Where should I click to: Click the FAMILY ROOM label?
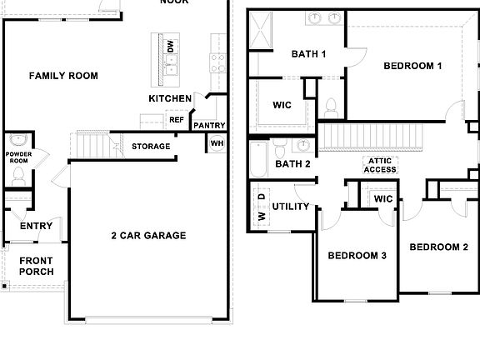click(x=63, y=76)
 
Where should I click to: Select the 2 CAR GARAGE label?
click(x=148, y=235)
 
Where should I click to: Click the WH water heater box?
click(x=217, y=142)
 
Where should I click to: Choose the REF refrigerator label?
click(x=177, y=119)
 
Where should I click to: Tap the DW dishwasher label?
click(x=171, y=47)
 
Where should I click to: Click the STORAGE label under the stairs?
click(x=151, y=147)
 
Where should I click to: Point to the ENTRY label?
click(x=36, y=226)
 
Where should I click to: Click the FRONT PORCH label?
click(x=36, y=266)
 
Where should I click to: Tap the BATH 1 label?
click(x=308, y=54)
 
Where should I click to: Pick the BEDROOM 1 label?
click(x=412, y=65)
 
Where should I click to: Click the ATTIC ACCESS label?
click(x=380, y=165)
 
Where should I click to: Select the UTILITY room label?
click(x=291, y=206)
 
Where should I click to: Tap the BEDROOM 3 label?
click(x=357, y=255)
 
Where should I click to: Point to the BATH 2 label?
click(x=292, y=163)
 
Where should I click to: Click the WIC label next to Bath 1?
click(x=282, y=106)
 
